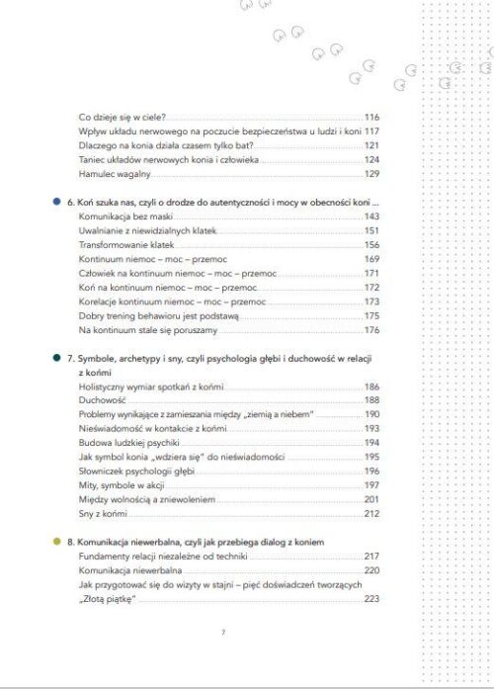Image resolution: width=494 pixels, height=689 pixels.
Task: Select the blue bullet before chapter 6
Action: (58, 201)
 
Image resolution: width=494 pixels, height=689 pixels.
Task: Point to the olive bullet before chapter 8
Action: (58, 543)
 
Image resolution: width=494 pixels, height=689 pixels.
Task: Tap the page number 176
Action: (371, 329)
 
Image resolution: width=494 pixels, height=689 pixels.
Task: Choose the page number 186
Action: (371, 387)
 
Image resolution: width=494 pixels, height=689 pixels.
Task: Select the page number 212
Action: (371, 514)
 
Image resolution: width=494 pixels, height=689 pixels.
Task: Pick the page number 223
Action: (371, 599)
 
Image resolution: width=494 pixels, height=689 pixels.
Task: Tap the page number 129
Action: (371, 174)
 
